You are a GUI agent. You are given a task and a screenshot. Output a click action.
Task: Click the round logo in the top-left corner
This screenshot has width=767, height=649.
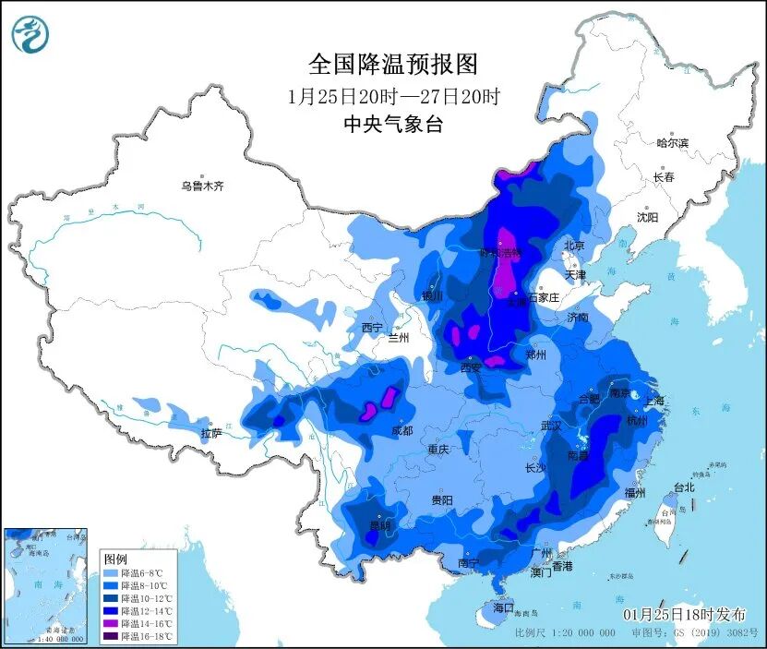tap(30, 34)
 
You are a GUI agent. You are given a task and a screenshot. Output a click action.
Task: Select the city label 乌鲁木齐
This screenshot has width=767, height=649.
tap(202, 186)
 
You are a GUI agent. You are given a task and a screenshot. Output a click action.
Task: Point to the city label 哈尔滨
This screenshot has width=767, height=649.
tap(672, 143)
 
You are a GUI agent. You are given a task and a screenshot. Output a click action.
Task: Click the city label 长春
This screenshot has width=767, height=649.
tap(664, 176)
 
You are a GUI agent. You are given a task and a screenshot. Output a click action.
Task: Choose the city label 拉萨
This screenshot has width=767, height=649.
tap(211, 433)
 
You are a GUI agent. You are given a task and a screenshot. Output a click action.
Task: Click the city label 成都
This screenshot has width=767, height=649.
tap(401, 430)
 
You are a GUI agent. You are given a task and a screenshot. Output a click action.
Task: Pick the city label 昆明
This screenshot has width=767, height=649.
tap(380, 525)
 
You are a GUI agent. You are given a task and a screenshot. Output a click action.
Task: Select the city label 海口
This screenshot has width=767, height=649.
tap(502, 609)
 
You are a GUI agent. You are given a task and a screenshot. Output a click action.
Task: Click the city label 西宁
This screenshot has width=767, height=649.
tap(372, 328)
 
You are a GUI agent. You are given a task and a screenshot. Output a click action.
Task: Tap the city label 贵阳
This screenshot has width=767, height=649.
tap(441, 499)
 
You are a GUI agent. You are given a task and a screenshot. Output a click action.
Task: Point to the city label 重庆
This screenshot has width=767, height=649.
tap(437, 450)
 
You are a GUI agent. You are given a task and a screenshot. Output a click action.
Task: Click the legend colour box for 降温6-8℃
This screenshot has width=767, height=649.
tap(111, 572)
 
